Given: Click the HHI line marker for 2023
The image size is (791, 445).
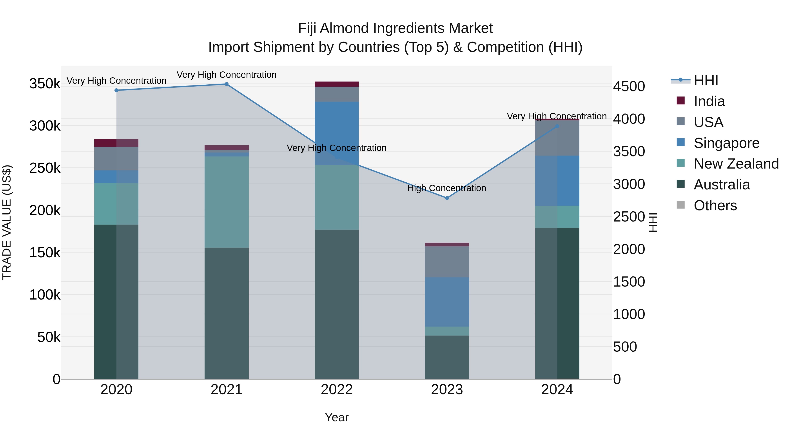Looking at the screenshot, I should coord(447,198).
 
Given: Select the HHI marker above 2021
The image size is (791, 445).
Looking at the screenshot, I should coord(226,84).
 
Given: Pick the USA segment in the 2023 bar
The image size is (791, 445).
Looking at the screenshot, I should coord(447,262).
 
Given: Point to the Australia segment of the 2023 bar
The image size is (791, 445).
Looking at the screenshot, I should coord(447,357).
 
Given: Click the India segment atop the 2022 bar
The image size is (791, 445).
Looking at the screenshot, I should coord(337,84).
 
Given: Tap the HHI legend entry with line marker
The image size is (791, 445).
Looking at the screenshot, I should coord(695,80).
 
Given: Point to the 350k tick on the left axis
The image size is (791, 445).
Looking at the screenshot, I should coord(45,84).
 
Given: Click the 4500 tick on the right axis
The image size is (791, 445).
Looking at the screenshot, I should coord(629,86).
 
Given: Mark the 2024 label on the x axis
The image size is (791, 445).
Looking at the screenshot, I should coord(557,390).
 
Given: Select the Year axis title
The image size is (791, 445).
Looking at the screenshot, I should coord(337,417).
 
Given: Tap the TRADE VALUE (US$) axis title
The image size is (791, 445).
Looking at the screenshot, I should coord(7,222).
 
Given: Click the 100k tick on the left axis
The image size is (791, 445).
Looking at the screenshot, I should coord(45,295).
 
